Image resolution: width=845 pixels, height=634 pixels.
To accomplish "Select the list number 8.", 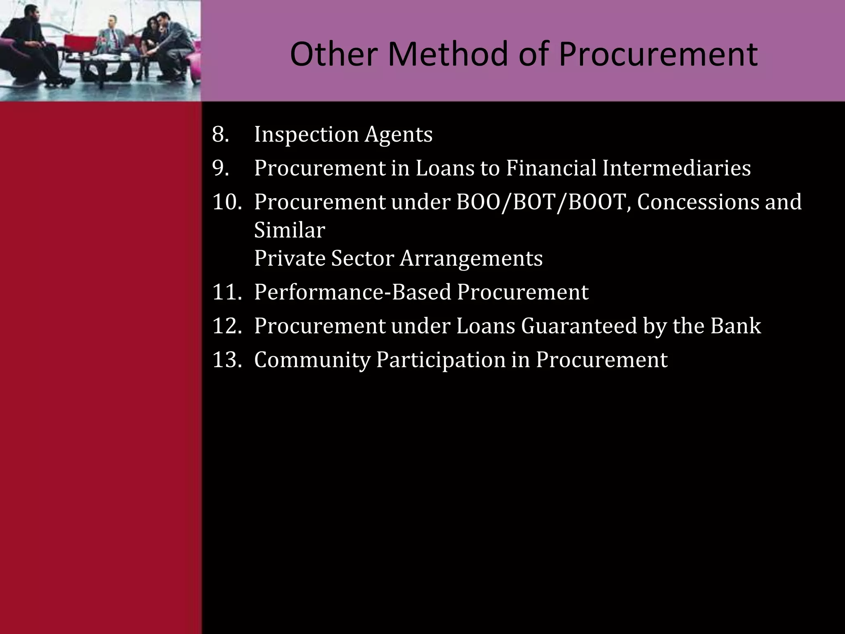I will coord(220,135).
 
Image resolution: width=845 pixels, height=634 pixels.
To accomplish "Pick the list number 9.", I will coord(220,168).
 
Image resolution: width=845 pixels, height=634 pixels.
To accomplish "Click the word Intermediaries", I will coord(676,168).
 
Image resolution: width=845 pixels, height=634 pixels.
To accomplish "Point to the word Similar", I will coord(290,230).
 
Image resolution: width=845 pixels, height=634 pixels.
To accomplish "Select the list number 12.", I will coord(227,326).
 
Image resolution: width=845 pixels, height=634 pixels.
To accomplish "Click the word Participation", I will coord(441,360).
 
